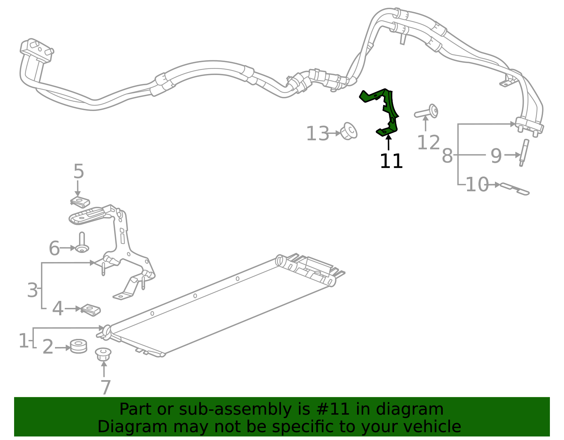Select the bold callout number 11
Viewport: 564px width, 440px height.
pos(391,161)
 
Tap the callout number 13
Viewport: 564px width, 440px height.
pos(317,134)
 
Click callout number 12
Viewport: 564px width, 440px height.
pos(428,142)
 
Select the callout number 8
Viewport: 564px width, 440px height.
pos(447,155)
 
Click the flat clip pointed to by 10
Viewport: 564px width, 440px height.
pos(515,188)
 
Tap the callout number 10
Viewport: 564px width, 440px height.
pos(477,185)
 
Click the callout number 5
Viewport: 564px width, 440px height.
pos(79,172)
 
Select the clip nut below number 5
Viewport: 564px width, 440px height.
pos(80,202)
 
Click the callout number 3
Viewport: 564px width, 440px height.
pos(32,290)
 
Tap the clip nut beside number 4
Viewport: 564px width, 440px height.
pos(91,310)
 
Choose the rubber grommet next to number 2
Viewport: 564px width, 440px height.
pos(78,346)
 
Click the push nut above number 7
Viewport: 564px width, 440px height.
pos(103,354)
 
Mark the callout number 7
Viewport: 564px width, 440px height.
pos(105,387)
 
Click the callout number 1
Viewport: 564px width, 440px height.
pos(23,341)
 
